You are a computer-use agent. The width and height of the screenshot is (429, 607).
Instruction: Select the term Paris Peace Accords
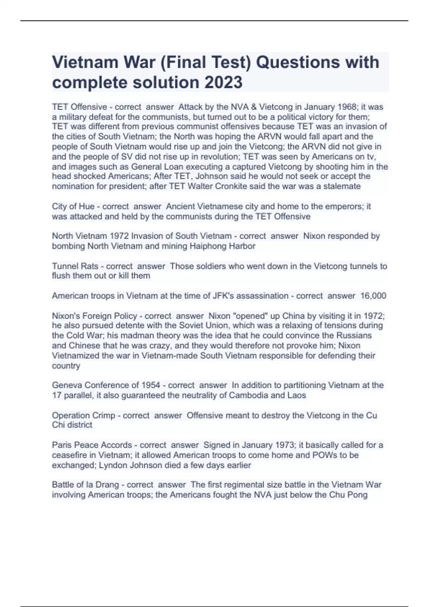pos(92,445)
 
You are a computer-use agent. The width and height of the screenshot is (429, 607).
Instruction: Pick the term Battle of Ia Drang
pos(85,485)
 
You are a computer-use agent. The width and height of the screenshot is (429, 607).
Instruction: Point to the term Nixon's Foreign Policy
pos(94,316)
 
